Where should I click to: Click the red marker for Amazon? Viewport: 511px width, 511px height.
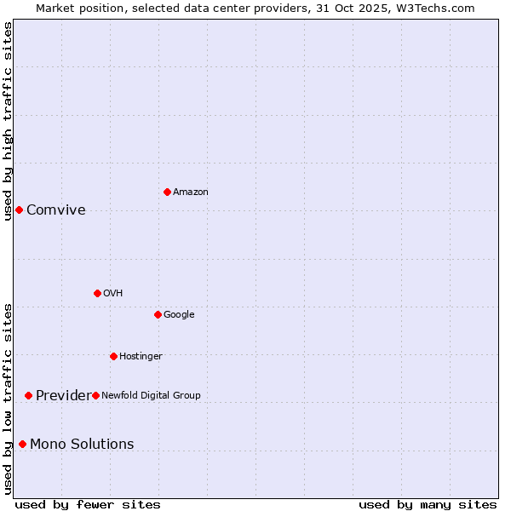167,192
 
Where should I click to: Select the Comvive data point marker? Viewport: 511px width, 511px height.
19,210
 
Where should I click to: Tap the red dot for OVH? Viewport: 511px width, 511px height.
97,293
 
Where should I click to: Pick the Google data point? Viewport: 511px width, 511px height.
158,314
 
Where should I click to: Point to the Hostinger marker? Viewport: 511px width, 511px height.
113,356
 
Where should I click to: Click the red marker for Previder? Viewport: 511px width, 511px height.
28,395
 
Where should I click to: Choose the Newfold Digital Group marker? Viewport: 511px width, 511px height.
95,395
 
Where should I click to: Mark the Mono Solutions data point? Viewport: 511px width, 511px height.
22,444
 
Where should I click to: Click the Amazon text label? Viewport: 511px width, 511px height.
190,192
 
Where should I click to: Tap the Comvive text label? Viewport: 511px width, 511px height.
56,210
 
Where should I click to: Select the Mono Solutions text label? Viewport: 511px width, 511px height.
82,444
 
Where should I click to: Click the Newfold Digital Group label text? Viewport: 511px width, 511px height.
151,395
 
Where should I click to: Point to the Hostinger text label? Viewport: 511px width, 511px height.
141,356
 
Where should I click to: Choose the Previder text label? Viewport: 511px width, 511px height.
62,396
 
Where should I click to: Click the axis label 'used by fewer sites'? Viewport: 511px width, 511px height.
88,504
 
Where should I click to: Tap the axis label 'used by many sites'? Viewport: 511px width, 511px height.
428,504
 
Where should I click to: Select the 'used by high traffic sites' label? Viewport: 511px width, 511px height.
8,120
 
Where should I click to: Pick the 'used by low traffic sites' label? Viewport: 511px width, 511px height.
8,398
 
